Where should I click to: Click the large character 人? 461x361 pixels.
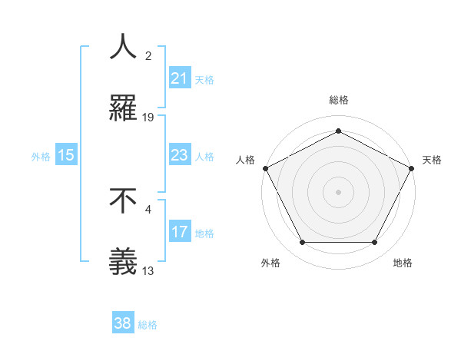pyautogui.click(x=123, y=48)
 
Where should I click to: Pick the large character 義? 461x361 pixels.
pyautogui.click(x=123, y=262)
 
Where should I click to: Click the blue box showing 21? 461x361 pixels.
pyautogui.click(x=179, y=78)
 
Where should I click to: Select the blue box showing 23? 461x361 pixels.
pyautogui.click(x=179, y=155)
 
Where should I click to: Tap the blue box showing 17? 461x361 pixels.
pyautogui.click(x=179, y=232)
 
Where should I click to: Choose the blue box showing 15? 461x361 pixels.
pyautogui.click(x=65, y=155)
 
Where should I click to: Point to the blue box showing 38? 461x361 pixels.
pyautogui.click(x=122, y=323)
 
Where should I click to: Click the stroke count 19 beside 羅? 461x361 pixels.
pyautogui.click(x=148, y=118)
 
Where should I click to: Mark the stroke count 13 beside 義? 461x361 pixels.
pyautogui.click(x=148, y=270)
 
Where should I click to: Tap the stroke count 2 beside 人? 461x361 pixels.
pyautogui.click(x=148, y=56)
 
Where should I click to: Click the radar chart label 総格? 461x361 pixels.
pyautogui.click(x=338, y=100)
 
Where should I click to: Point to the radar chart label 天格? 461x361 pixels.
pyautogui.click(x=432, y=160)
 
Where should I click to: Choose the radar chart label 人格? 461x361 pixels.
pyautogui.click(x=245, y=160)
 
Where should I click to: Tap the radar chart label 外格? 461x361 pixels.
pyautogui.click(x=270, y=263)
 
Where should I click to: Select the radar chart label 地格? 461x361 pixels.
pyautogui.click(x=403, y=263)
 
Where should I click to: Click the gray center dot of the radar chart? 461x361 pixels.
pyautogui.click(x=338, y=191)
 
